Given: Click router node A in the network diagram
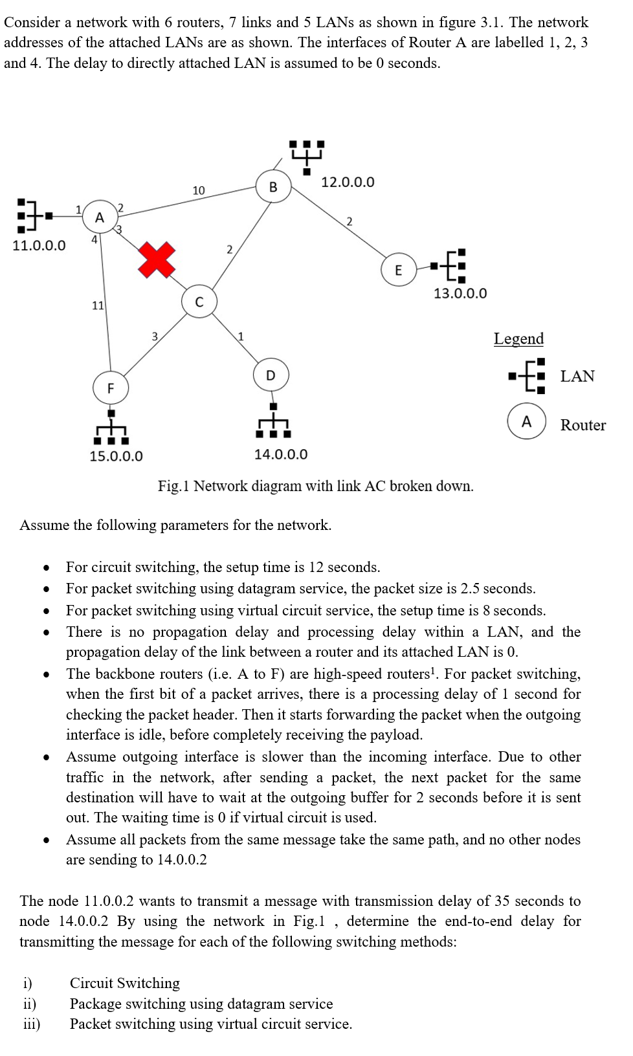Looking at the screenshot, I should point(99,217).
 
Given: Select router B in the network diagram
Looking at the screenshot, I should point(272,188).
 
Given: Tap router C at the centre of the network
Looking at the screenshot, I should point(199,302).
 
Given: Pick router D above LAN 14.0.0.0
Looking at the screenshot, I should point(271,375).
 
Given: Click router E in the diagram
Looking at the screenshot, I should point(398,270).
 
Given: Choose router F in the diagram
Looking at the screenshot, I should point(111,388).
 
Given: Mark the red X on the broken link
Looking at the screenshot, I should point(157,259).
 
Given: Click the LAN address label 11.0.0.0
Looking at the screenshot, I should point(39,245).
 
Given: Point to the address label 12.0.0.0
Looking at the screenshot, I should point(348,182).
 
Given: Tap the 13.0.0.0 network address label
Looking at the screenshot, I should point(460,293).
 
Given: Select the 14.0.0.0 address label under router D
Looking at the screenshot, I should point(281,454).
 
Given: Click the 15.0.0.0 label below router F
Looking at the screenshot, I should point(116,456).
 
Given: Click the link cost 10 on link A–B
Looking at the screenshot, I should point(198,190).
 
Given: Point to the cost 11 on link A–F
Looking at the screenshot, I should point(98,305).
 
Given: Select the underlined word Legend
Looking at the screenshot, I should point(518,338).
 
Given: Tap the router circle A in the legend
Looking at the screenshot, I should point(526,422).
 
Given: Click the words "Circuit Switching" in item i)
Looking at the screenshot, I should point(125,983).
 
